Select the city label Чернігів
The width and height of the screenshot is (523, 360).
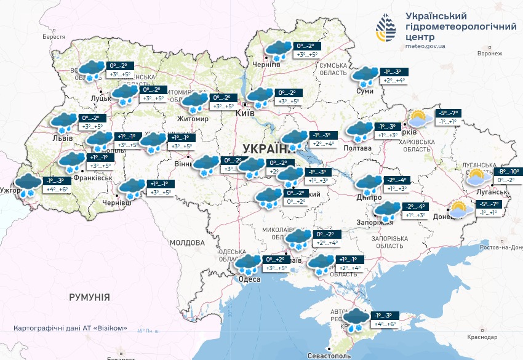[267, 65]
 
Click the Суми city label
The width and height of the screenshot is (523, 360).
[365, 91]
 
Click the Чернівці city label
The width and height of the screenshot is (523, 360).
[117, 202]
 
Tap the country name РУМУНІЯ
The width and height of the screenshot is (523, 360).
[89, 297]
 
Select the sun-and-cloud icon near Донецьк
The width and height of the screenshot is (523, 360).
[459, 209]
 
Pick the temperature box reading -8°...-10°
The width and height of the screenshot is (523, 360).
[508, 172]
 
